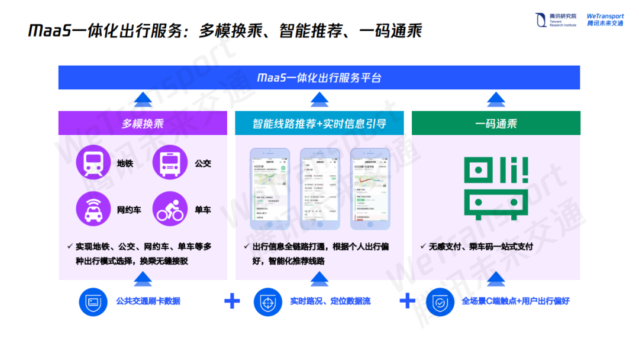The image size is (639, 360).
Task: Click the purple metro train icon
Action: (x=93, y=162)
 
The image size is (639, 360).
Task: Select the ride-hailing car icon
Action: (x=93, y=209)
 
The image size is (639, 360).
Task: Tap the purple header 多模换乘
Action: (x=143, y=123)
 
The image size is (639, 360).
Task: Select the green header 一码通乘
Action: (x=496, y=123)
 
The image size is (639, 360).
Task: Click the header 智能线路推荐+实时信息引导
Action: (x=319, y=123)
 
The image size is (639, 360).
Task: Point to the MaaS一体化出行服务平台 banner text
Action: (x=319, y=78)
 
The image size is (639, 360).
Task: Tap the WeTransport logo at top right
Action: (x=605, y=20)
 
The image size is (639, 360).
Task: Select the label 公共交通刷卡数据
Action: (x=148, y=301)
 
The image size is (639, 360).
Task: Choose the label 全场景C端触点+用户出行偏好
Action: (x=515, y=301)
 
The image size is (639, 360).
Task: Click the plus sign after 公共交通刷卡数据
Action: (x=232, y=301)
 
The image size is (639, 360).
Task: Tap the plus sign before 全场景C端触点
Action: (x=407, y=301)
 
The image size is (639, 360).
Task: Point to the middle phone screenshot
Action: (x=319, y=188)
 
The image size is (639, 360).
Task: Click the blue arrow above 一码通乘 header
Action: (x=496, y=99)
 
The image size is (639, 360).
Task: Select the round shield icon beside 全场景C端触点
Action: (x=440, y=301)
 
